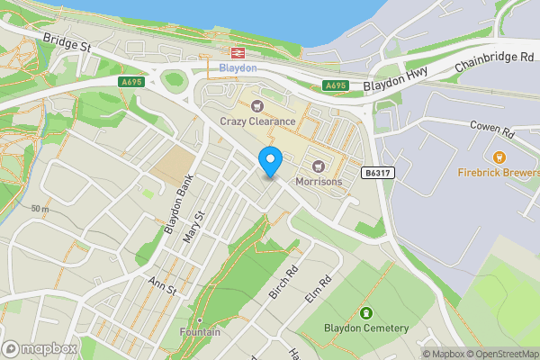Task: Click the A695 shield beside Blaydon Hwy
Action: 336,85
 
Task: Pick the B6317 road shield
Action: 379,171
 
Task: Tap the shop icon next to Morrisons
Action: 318,166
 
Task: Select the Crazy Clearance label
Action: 257,121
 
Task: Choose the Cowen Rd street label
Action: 491,130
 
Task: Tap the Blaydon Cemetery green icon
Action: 366,313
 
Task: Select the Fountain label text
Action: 200,332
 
